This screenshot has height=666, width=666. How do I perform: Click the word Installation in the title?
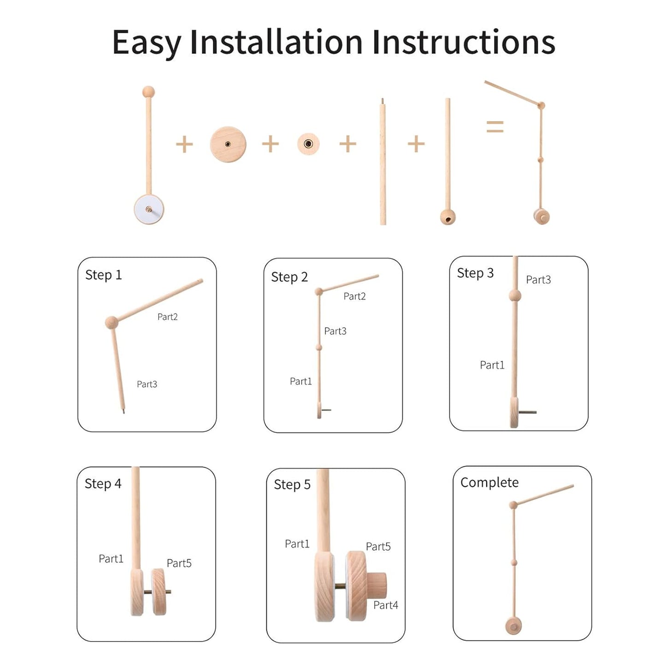(276, 42)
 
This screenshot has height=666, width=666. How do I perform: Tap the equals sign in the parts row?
(495, 126)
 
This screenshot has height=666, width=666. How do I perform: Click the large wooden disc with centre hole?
(228, 144)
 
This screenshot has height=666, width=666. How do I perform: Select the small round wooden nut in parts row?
(308, 144)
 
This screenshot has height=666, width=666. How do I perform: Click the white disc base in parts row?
(149, 209)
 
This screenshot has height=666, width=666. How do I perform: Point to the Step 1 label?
(104, 275)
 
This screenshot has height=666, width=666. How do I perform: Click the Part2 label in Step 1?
(167, 317)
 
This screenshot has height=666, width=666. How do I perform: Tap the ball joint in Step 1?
(112, 323)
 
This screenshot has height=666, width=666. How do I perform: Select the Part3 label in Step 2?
(335, 331)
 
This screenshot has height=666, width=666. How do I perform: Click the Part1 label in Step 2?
(301, 382)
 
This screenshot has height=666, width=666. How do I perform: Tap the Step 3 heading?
(475, 273)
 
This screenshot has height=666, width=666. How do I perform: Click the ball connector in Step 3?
(515, 296)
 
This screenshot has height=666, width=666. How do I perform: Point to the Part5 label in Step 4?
(179, 563)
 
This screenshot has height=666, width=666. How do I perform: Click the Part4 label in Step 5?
(385, 606)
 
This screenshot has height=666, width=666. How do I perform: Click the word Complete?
(489, 483)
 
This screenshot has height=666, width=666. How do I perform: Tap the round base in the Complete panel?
(513, 626)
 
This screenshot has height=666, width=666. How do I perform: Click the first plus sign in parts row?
(184, 144)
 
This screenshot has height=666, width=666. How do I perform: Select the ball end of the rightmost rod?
(448, 216)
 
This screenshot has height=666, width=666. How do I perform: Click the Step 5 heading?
(292, 485)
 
